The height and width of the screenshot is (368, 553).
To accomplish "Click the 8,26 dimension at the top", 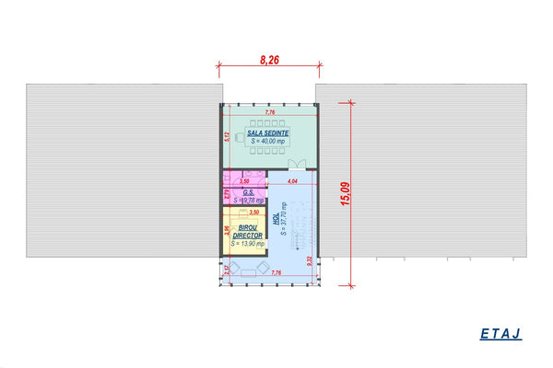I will point(270,60).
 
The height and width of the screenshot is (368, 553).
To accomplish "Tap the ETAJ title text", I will point(500,334).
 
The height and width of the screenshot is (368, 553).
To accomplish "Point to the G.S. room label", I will point(248,192).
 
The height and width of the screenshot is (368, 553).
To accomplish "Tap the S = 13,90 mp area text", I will point(247,244).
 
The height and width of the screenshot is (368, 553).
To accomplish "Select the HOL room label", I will point(276,220).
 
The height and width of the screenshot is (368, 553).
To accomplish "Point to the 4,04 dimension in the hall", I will point(291,182).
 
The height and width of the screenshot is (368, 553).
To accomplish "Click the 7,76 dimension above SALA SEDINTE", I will point(270,112).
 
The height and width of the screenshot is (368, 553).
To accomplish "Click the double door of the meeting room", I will point(298,166).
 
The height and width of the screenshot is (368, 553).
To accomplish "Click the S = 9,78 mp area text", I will point(249,200).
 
